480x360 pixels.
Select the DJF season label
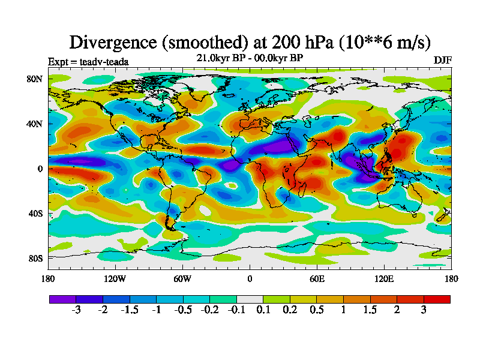click(x=442, y=61)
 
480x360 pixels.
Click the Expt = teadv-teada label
click(x=88, y=61)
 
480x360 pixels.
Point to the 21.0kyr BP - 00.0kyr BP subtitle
click(x=250, y=58)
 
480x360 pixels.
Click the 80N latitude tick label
click(x=34, y=79)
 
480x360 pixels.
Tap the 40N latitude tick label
click(x=34, y=124)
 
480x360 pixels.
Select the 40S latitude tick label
click(x=34, y=214)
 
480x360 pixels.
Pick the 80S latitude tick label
click(x=34, y=259)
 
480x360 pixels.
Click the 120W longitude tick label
click(x=115, y=278)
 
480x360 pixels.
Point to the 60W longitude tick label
click(x=182, y=278)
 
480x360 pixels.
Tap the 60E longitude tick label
click(x=317, y=278)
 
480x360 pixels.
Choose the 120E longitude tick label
click(x=384, y=278)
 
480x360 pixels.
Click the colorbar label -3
click(x=76, y=310)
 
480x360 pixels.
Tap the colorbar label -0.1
click(x=236, y=310)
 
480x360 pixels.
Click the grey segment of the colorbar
click(x=250, y=299)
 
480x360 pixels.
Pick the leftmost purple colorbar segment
click(x=62, y=299)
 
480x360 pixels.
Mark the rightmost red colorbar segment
click(x=437, y=299)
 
